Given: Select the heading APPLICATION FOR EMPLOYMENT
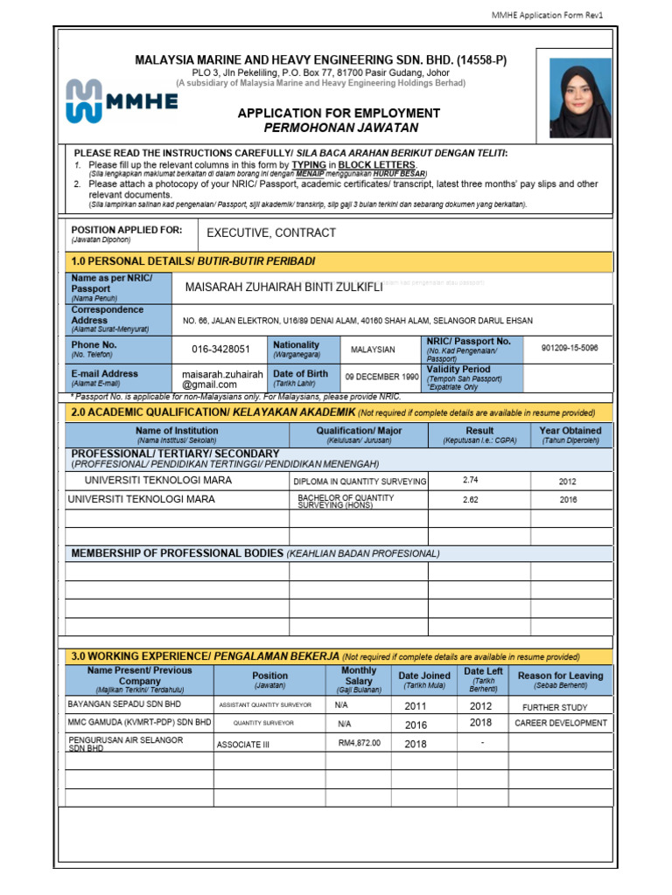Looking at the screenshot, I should (339, 114).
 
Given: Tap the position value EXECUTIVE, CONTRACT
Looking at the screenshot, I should (271, 233).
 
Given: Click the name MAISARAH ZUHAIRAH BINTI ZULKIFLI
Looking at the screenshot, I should (283, 288).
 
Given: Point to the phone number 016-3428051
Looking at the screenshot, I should (220, 350).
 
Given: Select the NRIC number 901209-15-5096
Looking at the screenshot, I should (570, 348).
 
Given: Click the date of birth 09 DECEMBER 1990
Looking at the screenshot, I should (381, 378).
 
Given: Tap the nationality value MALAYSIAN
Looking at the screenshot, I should (373, 350).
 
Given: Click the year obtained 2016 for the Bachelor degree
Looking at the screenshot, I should (568, 500).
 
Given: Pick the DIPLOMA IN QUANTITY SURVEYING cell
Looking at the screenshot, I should (360, 482).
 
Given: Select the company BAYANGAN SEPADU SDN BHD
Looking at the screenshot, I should (124, 704).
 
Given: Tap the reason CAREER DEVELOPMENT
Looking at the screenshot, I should (561, 724).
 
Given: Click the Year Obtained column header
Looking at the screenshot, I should (570, 434).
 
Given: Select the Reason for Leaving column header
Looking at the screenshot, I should (561, 680).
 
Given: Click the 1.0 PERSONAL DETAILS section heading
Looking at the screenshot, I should (192, 261).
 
